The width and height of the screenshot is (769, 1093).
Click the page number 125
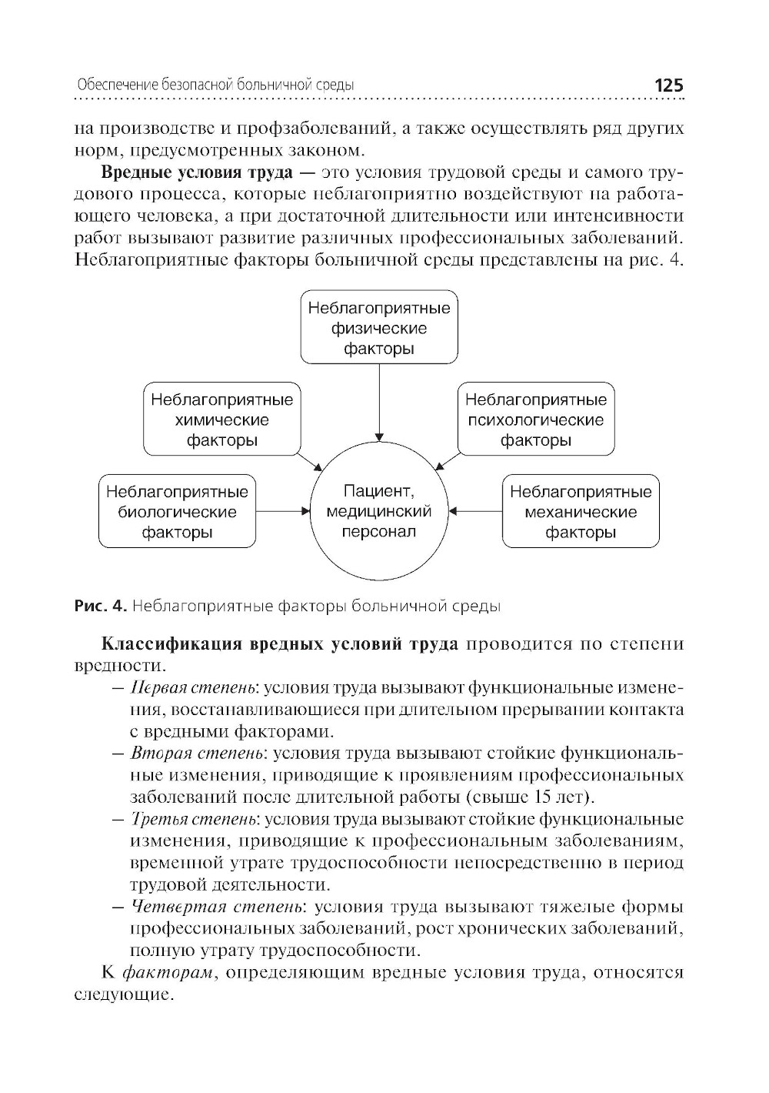tap(667, 85)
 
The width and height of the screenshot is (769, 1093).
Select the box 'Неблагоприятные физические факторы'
tap(379, 328)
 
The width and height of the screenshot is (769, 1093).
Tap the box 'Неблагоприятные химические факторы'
tap(222, 419)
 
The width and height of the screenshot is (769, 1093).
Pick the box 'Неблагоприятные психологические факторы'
tap(536, 419)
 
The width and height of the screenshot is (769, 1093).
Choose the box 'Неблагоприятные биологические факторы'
tap(178, 512)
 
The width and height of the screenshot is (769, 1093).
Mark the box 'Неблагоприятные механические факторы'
tap(581, 512)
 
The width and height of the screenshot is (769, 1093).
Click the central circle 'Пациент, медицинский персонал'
tap(379, 511)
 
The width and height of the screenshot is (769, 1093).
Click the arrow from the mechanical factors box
tap(476, 511)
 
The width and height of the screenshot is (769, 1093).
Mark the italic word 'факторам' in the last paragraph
tap(168, 973)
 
